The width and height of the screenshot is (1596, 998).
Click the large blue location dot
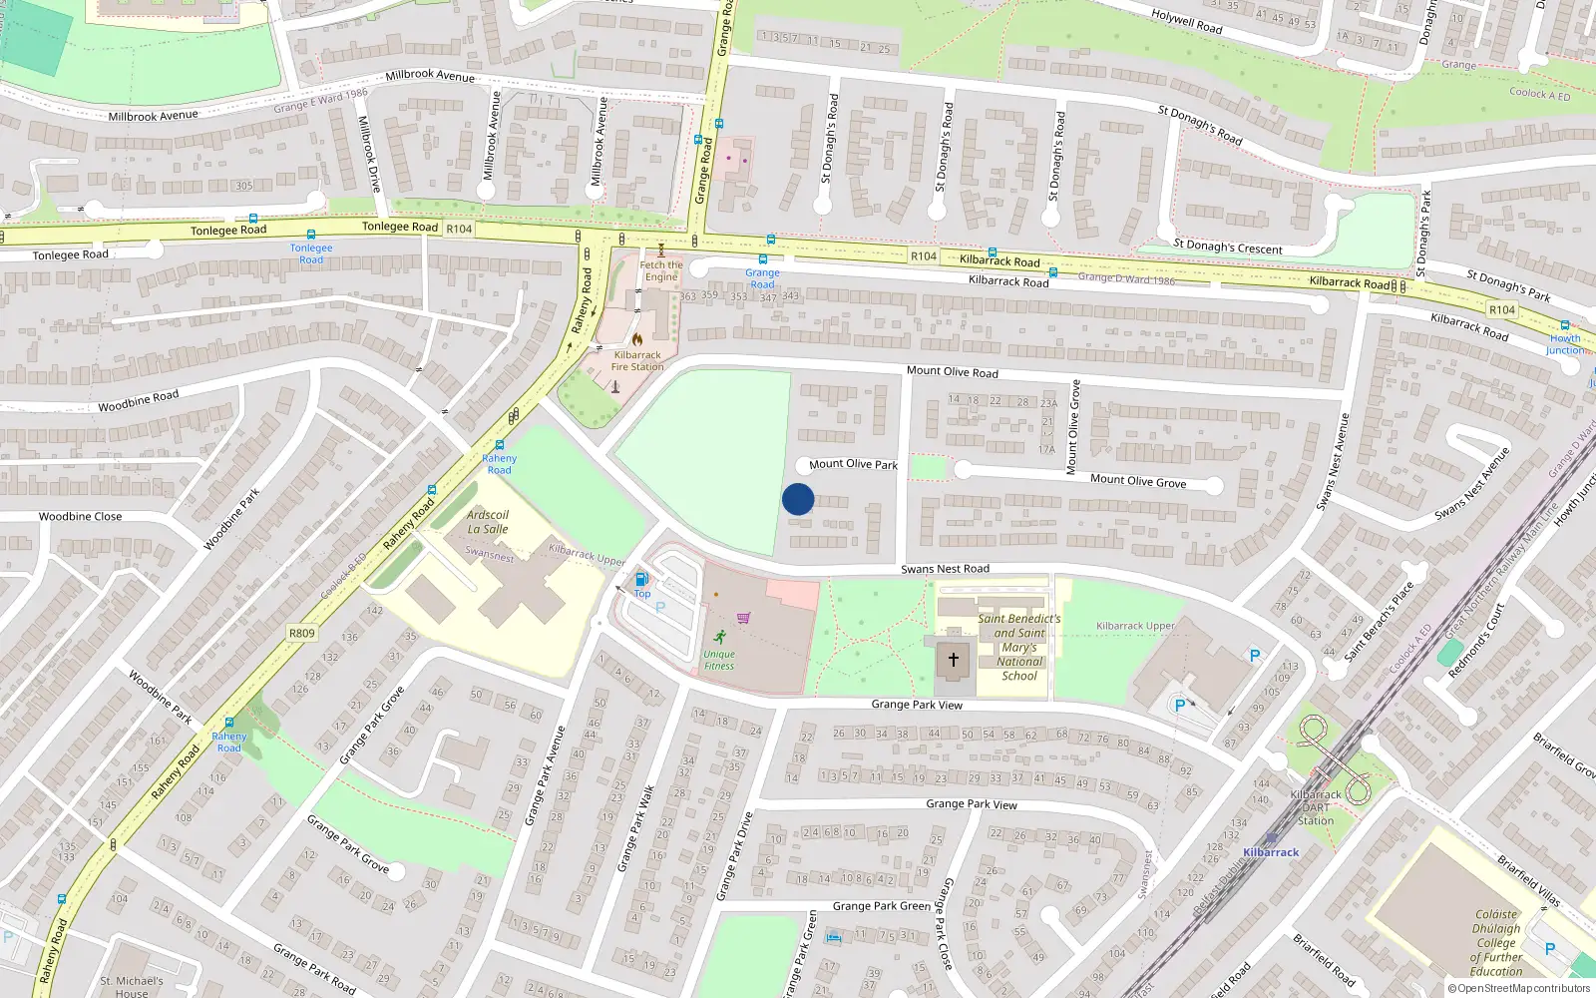tap(798, 499)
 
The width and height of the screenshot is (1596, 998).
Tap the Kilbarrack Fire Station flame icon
tap(636, 339)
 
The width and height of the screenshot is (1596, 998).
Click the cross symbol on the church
tap(954, 660)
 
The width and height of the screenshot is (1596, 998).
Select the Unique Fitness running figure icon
tap(720, 637)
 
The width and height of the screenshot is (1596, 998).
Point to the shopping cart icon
tap(743, 618)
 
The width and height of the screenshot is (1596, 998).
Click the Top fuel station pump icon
tap(641, 579)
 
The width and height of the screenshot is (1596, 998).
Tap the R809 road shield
tap(301, 633)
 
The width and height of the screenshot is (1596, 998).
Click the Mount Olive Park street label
tap(853, 464)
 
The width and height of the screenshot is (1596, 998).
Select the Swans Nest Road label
tap(945, 569)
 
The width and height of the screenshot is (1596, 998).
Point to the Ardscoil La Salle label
tap(488, 522)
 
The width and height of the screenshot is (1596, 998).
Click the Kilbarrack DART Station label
tap(1316, 807)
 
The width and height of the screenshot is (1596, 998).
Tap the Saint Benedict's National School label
tap(1019, 647)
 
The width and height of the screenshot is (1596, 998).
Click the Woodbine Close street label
tap(80, 517)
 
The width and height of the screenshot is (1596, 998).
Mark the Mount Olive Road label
tap(952, 371)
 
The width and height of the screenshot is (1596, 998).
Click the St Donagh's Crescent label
tap(1228, 247)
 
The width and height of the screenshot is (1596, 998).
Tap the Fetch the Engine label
tap(661, 270)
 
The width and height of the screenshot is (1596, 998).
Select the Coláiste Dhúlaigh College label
tap(1496, 942)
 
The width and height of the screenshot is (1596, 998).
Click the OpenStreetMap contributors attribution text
tap(1519, 988)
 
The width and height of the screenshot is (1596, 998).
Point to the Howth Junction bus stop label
tap(1565, 344)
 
